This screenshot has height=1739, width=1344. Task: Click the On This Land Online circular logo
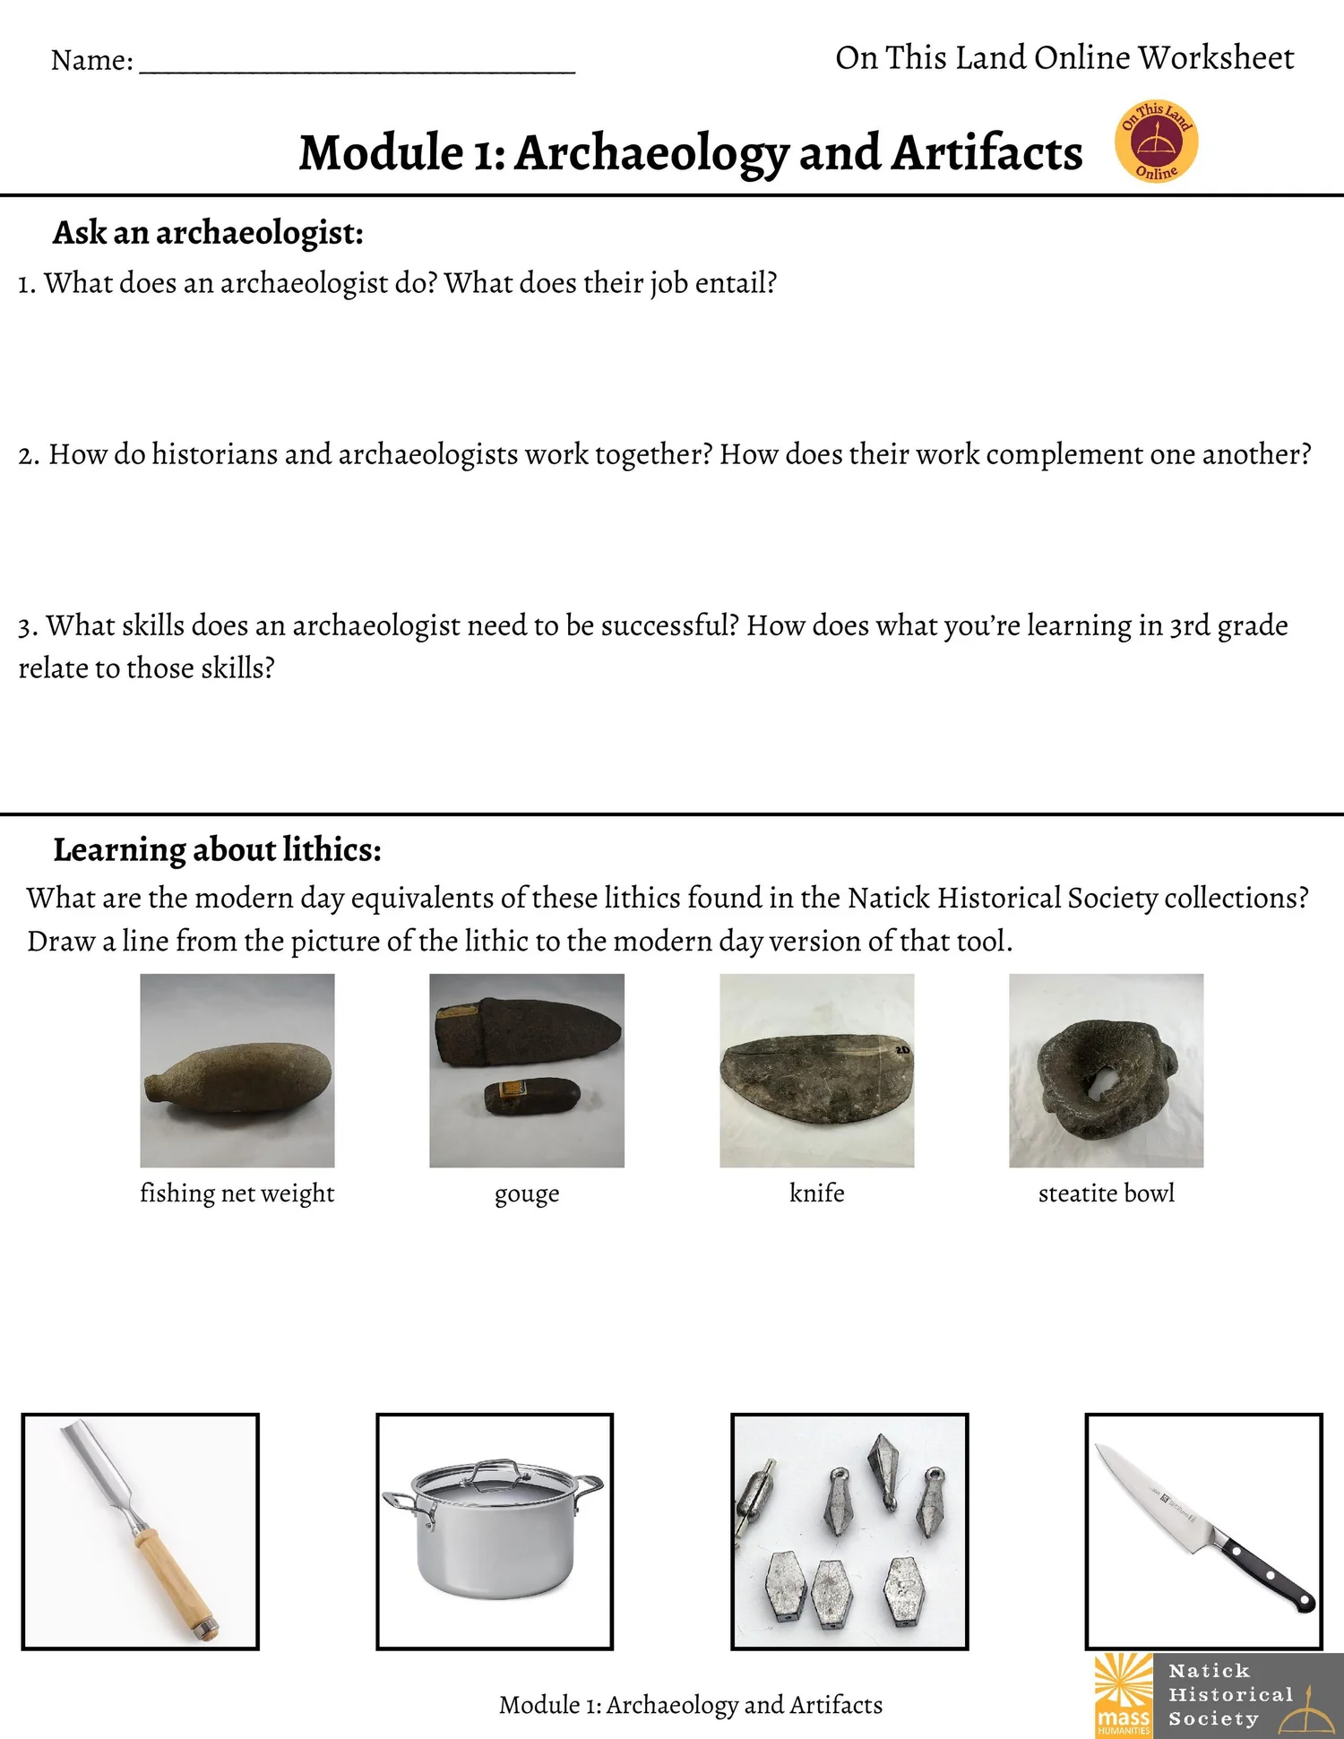(1156, 142)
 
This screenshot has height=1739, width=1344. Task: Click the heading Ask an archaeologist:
(208, 233)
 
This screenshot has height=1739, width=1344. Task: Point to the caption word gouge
(527, 1194)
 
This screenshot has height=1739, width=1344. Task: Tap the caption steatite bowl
(1106, 1193)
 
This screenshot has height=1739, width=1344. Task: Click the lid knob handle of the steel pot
(494, 1466)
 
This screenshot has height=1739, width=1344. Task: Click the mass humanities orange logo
(1123, 1693)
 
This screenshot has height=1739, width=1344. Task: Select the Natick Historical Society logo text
(1230, 1694)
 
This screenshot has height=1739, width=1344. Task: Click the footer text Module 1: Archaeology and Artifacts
(690, 1704)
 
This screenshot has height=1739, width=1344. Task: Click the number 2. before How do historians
(29, 455)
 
